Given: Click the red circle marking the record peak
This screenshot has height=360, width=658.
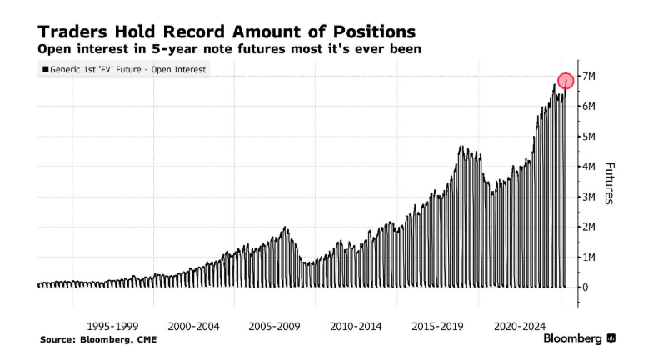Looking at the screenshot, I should tap(566, 81).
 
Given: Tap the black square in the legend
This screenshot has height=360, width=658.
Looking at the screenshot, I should tap(44, 70).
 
